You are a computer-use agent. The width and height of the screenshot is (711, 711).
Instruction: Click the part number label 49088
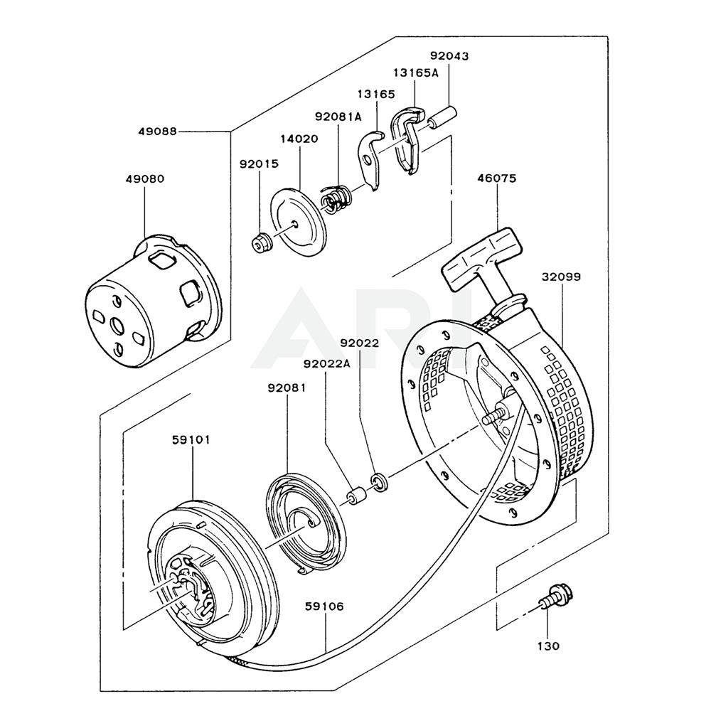[159, 132]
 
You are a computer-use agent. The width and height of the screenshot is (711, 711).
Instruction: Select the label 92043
[449, 56]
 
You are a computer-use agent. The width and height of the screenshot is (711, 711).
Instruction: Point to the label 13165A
[416, 73]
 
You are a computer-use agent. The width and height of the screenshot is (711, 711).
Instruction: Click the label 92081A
[338, 117]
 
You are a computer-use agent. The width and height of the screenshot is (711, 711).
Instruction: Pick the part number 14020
[299, 139]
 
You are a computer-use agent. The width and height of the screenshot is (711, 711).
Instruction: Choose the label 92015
[259, 164]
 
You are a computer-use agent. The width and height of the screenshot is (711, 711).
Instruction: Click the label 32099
[561, 277]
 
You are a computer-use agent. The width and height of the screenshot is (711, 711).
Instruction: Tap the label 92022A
[327, 364]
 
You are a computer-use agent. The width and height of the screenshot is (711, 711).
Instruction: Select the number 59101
[191, 439]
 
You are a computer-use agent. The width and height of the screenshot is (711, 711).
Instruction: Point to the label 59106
[324, 606]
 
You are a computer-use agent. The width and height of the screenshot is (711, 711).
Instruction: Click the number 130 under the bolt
[548, 646]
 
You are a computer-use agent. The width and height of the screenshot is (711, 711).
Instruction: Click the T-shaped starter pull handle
[482, 259]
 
